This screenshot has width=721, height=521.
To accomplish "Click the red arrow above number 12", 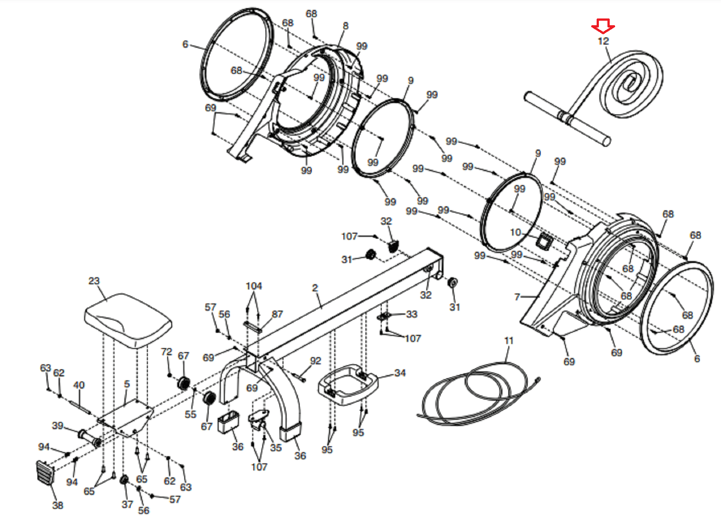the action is [x=603, y=26].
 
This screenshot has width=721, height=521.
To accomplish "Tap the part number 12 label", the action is [x=603, y=41].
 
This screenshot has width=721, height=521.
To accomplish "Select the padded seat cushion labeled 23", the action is [x=128, y=321].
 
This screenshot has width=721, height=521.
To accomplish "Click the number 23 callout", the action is [x=94, y=281].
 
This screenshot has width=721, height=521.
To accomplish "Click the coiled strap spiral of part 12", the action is [x=631, y=84].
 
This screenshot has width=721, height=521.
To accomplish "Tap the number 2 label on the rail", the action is [x=315, y=287].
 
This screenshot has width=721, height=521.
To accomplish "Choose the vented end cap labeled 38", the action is [x=45, y=473].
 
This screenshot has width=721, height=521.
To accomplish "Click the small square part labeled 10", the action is [x=544, y=241].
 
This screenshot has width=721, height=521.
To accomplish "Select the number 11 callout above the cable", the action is [x=509, y=340].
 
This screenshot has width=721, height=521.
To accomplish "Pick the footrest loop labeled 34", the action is [x=348, y=384].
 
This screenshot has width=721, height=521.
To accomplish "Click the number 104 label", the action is [x=254, y=286].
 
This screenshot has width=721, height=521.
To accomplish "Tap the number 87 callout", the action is [x=277, y=314].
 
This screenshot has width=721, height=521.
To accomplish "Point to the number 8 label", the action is [x=345, y=25].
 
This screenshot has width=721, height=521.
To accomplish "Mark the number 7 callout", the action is [x=517, y=296].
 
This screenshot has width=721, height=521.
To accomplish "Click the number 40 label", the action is [x=79, y=385].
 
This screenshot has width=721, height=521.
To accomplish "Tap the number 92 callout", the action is [x=315, y=361].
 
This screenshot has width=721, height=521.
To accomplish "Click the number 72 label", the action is [x=166, y=352].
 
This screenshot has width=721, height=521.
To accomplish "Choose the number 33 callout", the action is [x=412, y=314].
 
